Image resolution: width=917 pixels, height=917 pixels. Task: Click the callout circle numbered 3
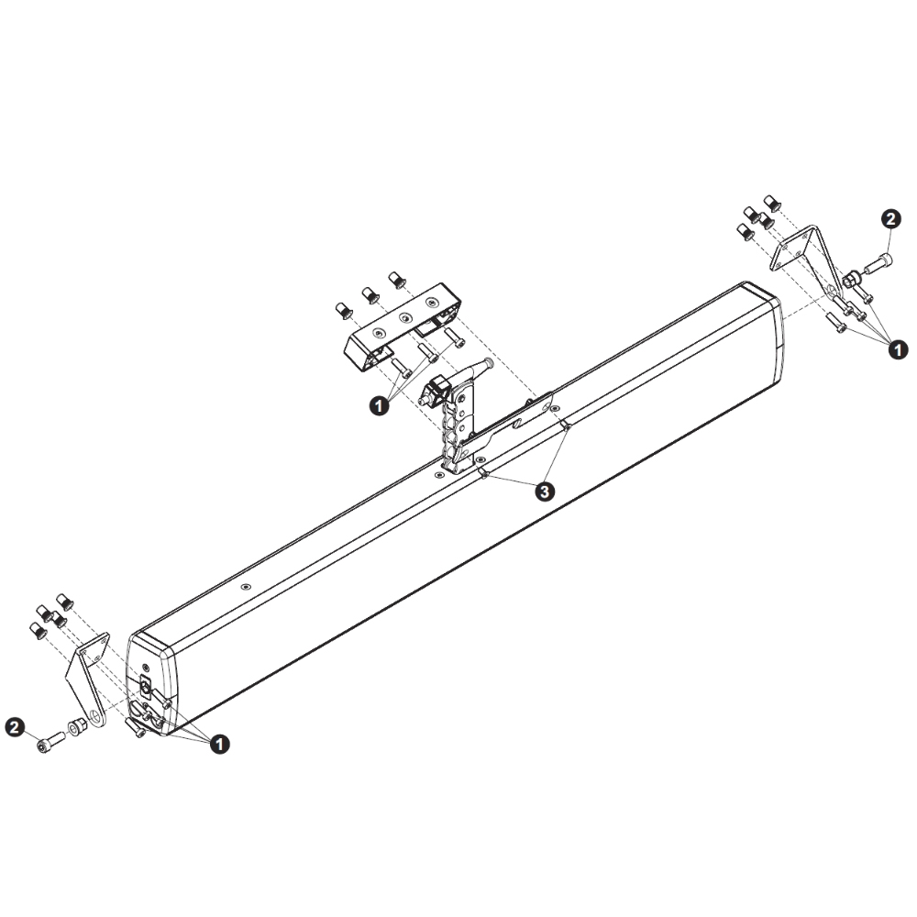(545, 492)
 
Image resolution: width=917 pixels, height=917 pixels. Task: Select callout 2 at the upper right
(890, 219)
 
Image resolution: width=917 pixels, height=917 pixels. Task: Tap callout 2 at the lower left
(15, 727)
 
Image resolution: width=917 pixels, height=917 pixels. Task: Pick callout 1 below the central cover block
(379, 405)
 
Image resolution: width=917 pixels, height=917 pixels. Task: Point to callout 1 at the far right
(899, 349)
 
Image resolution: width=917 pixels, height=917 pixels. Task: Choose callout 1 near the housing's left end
(219, 744)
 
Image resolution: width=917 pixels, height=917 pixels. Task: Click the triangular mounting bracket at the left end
(88, 679)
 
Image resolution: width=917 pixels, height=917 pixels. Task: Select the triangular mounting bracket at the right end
(806, 258)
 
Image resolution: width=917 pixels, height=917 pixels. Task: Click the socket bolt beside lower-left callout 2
(50, 742)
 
